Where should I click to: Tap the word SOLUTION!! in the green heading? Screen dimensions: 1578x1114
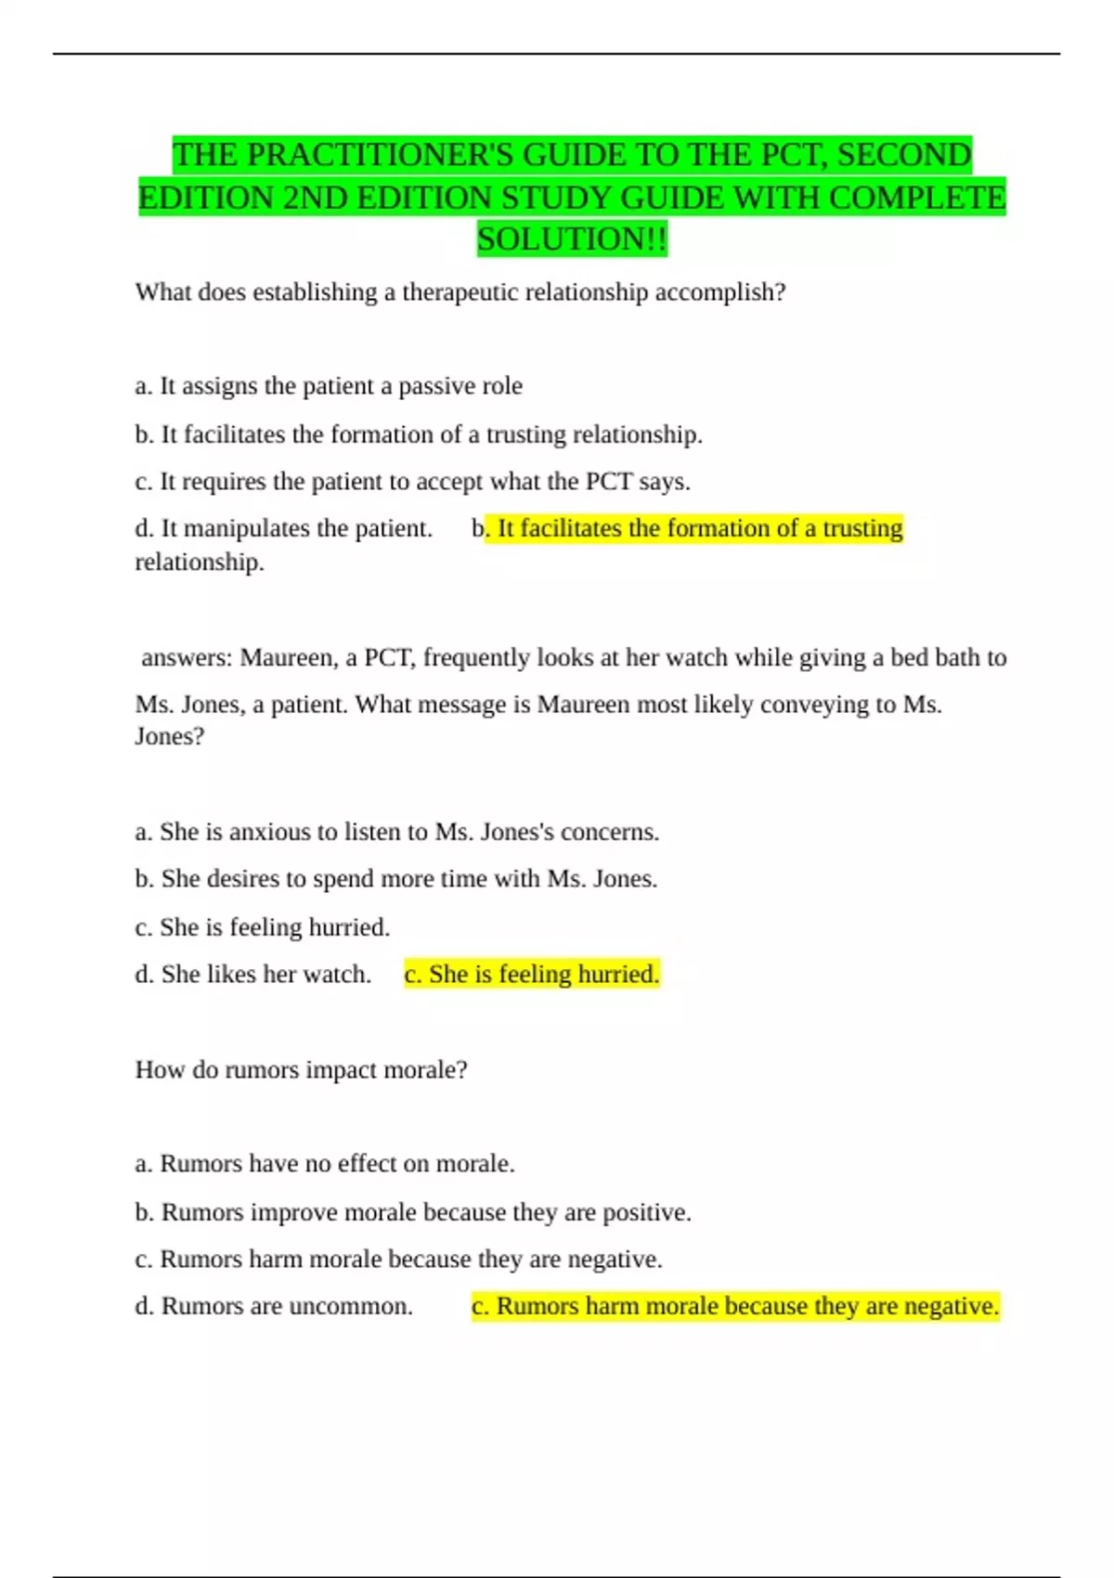pyautogui.click(x=572, y=239)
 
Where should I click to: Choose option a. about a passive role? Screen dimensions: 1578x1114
pyautogui.click(x=329, y=386)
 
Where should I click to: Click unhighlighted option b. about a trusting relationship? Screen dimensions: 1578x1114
pyautogui.click(x=419, y=434)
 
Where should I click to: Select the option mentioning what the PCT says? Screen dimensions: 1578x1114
pyautogui.click(x=412, y=482)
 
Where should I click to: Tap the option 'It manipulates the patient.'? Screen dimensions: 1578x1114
pyautogui.click(x=284, y=528)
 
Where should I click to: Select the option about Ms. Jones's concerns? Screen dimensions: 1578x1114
pyautogui.click(x=396, y=832)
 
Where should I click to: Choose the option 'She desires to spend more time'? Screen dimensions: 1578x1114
pyautogui.click(x=395, y=879)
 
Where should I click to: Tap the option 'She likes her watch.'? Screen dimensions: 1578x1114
pyautogui.click(x=253, y=975)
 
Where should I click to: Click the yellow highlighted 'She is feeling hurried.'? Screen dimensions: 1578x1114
pyautogui.click(x=532, y=975)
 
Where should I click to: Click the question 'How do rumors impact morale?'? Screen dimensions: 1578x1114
pyautogui.click(x=301, y=1070)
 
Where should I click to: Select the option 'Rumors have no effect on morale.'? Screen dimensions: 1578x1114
pyautogui.click(x=325, y=1164)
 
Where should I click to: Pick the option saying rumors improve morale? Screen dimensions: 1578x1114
pyautogui.click(x=413, y=1212)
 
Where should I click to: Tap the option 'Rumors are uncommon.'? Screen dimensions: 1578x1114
pyautogui.click(x=274, y=1306)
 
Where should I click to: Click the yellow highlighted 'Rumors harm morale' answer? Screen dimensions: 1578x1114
pyautogui.click(x=735, y=1306)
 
